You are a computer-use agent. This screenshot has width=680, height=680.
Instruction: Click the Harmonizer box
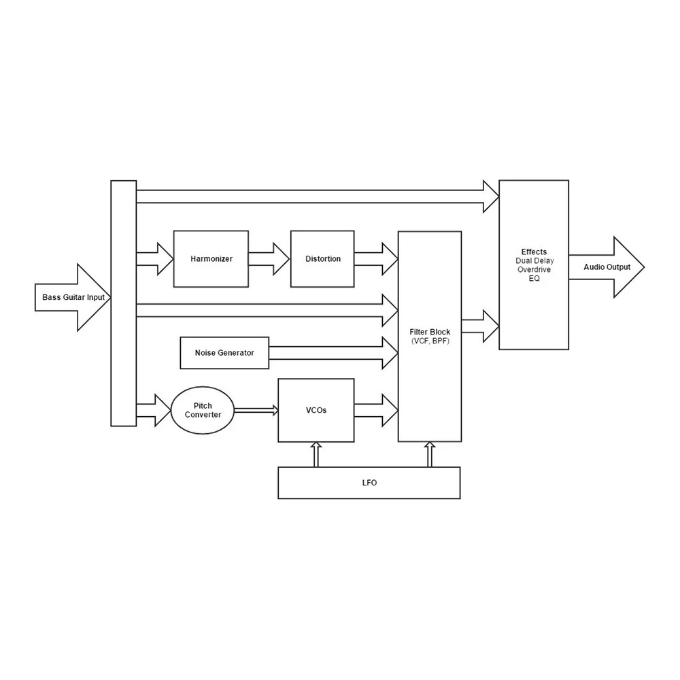click(x=211, y=259)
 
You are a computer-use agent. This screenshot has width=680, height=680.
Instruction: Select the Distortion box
click(x=322, y=259)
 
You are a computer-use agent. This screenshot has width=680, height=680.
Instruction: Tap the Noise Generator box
click(x=224, y=353)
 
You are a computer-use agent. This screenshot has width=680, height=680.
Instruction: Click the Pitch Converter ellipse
click(x=203, y=410)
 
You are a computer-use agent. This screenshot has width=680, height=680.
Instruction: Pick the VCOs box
click(x=316, y=410)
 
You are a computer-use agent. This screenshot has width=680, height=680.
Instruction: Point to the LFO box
click(x=369, y=483)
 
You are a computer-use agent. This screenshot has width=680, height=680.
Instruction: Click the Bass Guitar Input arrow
click(x=73, y=298)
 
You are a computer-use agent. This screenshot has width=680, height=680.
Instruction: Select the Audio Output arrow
click(x=607, y=267)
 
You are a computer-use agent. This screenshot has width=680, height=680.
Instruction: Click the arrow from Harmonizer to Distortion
click(x=269, y=259)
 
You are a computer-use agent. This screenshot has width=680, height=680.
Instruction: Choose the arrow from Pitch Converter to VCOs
click(x=256, y=410)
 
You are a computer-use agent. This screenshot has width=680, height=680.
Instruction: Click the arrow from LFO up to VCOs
click(x=316, y=454)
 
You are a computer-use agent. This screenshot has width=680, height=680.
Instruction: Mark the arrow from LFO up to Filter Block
click(x=430, y=454)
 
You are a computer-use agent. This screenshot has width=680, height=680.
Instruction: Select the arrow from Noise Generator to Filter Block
click(x=333, y=353)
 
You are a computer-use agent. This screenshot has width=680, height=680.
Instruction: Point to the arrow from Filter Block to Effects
click(x=480, y=326)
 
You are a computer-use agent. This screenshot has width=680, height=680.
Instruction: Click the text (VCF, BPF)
click(x=430, y=341)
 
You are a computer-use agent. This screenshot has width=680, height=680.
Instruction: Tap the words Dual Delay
click(x=534, y=260)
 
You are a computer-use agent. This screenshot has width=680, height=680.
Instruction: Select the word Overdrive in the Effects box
click(x=534, y=269)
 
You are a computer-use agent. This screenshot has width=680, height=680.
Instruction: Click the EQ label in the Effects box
click(x=534, y=278)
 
